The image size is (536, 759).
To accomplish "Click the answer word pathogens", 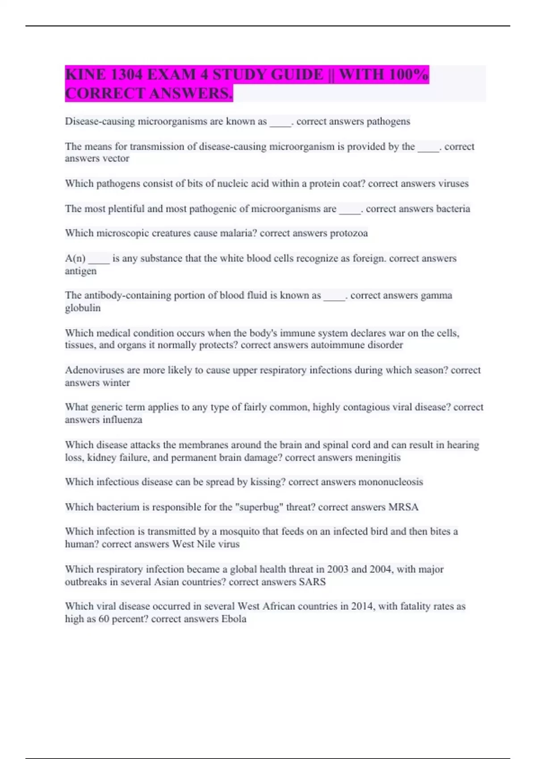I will point(388,121).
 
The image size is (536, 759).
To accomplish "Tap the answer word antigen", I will point(80,271).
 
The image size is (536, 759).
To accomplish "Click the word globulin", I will point(83,308).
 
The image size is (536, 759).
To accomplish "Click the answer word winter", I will point(116,383).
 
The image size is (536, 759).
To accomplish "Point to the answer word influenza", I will point(122,420).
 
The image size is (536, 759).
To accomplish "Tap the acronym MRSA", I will point(403,507).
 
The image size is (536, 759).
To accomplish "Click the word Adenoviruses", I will point(95,370).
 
